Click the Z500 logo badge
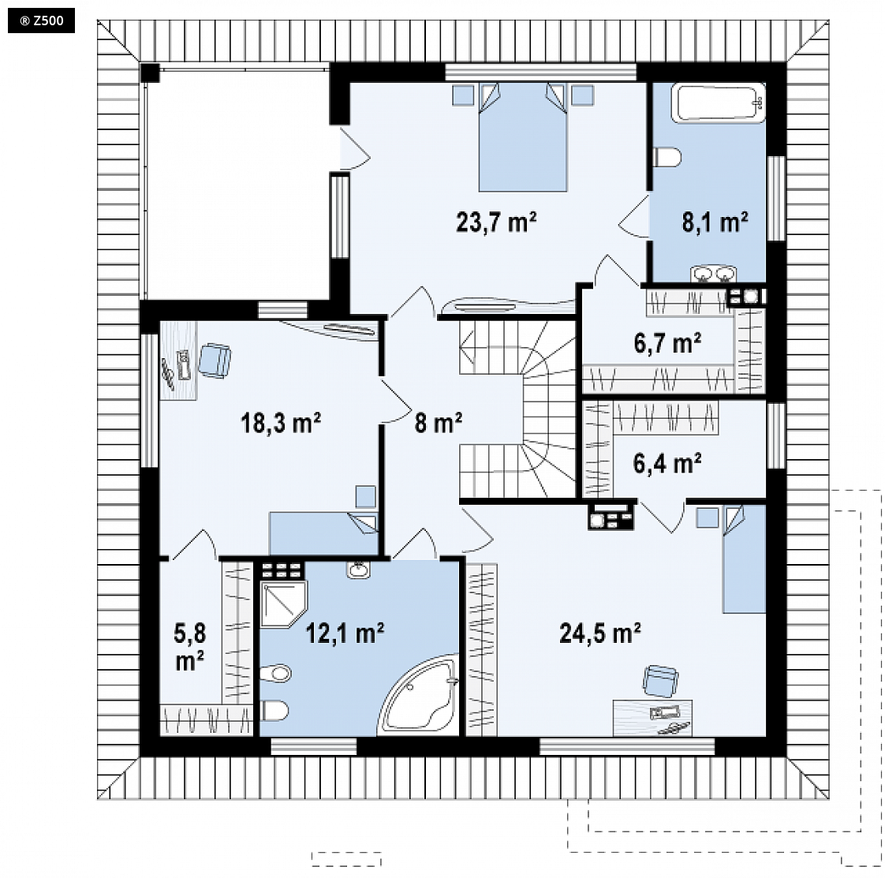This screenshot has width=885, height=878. coord(41,21)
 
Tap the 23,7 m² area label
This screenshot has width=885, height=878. coord(496,222)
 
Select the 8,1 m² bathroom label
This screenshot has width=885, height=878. coord(715,222)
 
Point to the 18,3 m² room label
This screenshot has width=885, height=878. coord(281,422)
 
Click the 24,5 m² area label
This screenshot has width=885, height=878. coord(600,633)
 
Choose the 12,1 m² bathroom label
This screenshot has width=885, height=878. coord(345,633)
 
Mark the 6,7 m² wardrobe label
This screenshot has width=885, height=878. coord(668,342)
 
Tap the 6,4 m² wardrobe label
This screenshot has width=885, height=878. coord(668,463)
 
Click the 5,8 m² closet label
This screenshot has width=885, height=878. coord(190,647)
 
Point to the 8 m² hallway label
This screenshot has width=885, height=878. coord(439,422)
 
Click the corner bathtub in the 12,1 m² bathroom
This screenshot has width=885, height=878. coord(419,696)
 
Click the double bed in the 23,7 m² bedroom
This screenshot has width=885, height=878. coord(523,137)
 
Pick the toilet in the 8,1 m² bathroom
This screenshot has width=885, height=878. coord(667,157)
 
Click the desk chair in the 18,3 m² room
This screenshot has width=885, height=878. coord(215,361)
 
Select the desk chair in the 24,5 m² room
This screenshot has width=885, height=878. coord(660,681)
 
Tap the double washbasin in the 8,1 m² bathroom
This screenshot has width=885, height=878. coord(713,274)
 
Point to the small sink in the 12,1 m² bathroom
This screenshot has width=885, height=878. coord(358,570)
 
